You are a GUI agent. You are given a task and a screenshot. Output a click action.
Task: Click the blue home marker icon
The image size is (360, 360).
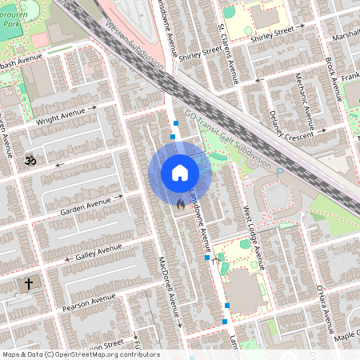(179, 172)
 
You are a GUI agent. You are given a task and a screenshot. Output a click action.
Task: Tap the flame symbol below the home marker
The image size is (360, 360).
(181, 206)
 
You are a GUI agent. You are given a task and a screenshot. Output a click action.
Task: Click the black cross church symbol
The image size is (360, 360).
(29, 283)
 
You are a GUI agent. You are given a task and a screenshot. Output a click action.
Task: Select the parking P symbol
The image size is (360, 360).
(279, 171)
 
